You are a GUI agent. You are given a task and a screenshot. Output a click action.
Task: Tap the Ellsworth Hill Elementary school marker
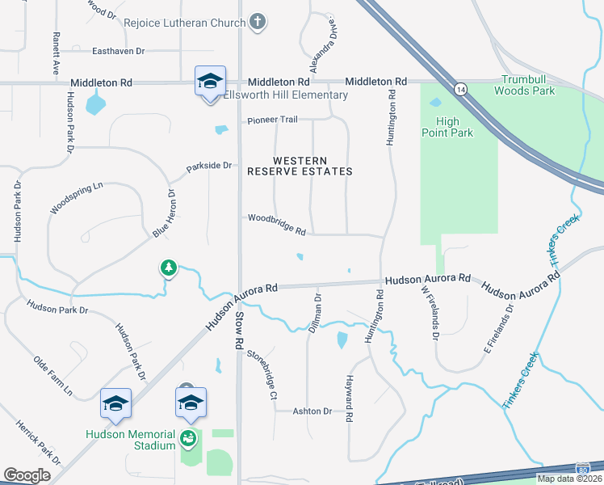coord(209,82)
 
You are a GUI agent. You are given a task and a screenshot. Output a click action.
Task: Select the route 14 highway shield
coord(459,87)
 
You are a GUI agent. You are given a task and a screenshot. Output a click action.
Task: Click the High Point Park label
coord(448,127)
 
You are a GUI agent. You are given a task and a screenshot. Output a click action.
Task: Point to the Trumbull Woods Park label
coord(528,85)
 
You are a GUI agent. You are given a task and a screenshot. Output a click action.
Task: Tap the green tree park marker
coord(168,268)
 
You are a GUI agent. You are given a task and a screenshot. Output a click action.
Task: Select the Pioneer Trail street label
coord(272,120)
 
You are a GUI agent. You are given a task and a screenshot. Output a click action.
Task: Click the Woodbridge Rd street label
coord(276,224)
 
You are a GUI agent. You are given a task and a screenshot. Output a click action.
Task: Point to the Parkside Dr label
coord(209,167)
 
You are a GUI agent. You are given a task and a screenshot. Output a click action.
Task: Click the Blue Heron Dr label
coord(164,213)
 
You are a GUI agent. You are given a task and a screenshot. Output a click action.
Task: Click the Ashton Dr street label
coord(312,411)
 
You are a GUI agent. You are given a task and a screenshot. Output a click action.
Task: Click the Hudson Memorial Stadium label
coord(131,440)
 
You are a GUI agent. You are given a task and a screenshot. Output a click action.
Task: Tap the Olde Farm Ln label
coord(52,377)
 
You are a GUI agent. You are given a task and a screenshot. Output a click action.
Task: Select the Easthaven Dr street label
coord(118,51)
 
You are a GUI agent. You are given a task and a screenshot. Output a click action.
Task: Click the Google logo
coord(27,475)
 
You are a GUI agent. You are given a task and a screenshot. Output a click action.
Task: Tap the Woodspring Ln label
coord(77,198)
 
